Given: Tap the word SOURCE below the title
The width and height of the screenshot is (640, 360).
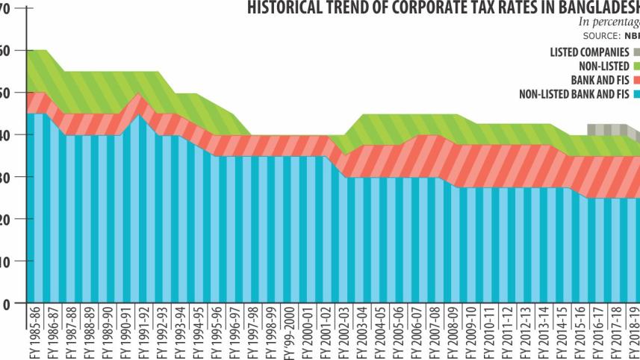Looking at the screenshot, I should [600, 36].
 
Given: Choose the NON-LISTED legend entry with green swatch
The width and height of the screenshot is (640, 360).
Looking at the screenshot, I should [603, 66].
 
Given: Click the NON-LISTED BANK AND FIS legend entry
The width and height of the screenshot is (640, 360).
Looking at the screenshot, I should [574, 93].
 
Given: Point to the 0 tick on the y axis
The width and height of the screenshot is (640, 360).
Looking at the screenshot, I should [5, 304].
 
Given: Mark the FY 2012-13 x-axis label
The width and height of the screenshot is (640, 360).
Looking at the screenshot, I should [531, 332].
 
